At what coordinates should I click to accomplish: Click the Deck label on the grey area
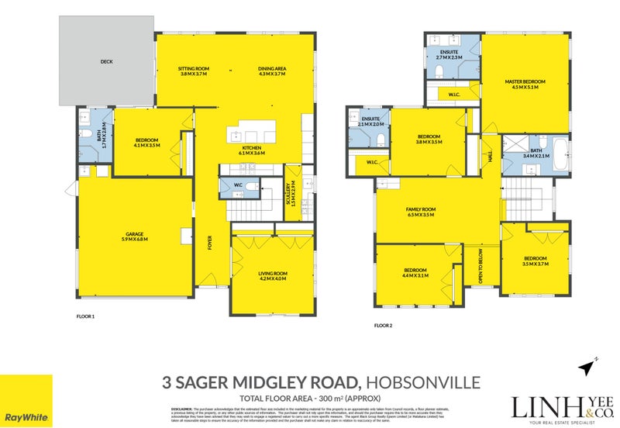tap(106, 60)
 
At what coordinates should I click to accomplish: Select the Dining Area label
tap(272, 71)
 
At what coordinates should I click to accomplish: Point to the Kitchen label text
tap(252, 150)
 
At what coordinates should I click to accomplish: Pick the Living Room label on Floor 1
tap(272, 275)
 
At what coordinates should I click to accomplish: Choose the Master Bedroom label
tap(525, 84)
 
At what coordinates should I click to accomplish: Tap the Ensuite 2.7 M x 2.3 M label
tap(449, 55)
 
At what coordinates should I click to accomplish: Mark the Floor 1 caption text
tap(85, 316)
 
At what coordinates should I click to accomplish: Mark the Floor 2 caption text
tap(384, 326)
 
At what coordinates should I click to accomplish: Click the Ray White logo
tap(26, 401)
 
